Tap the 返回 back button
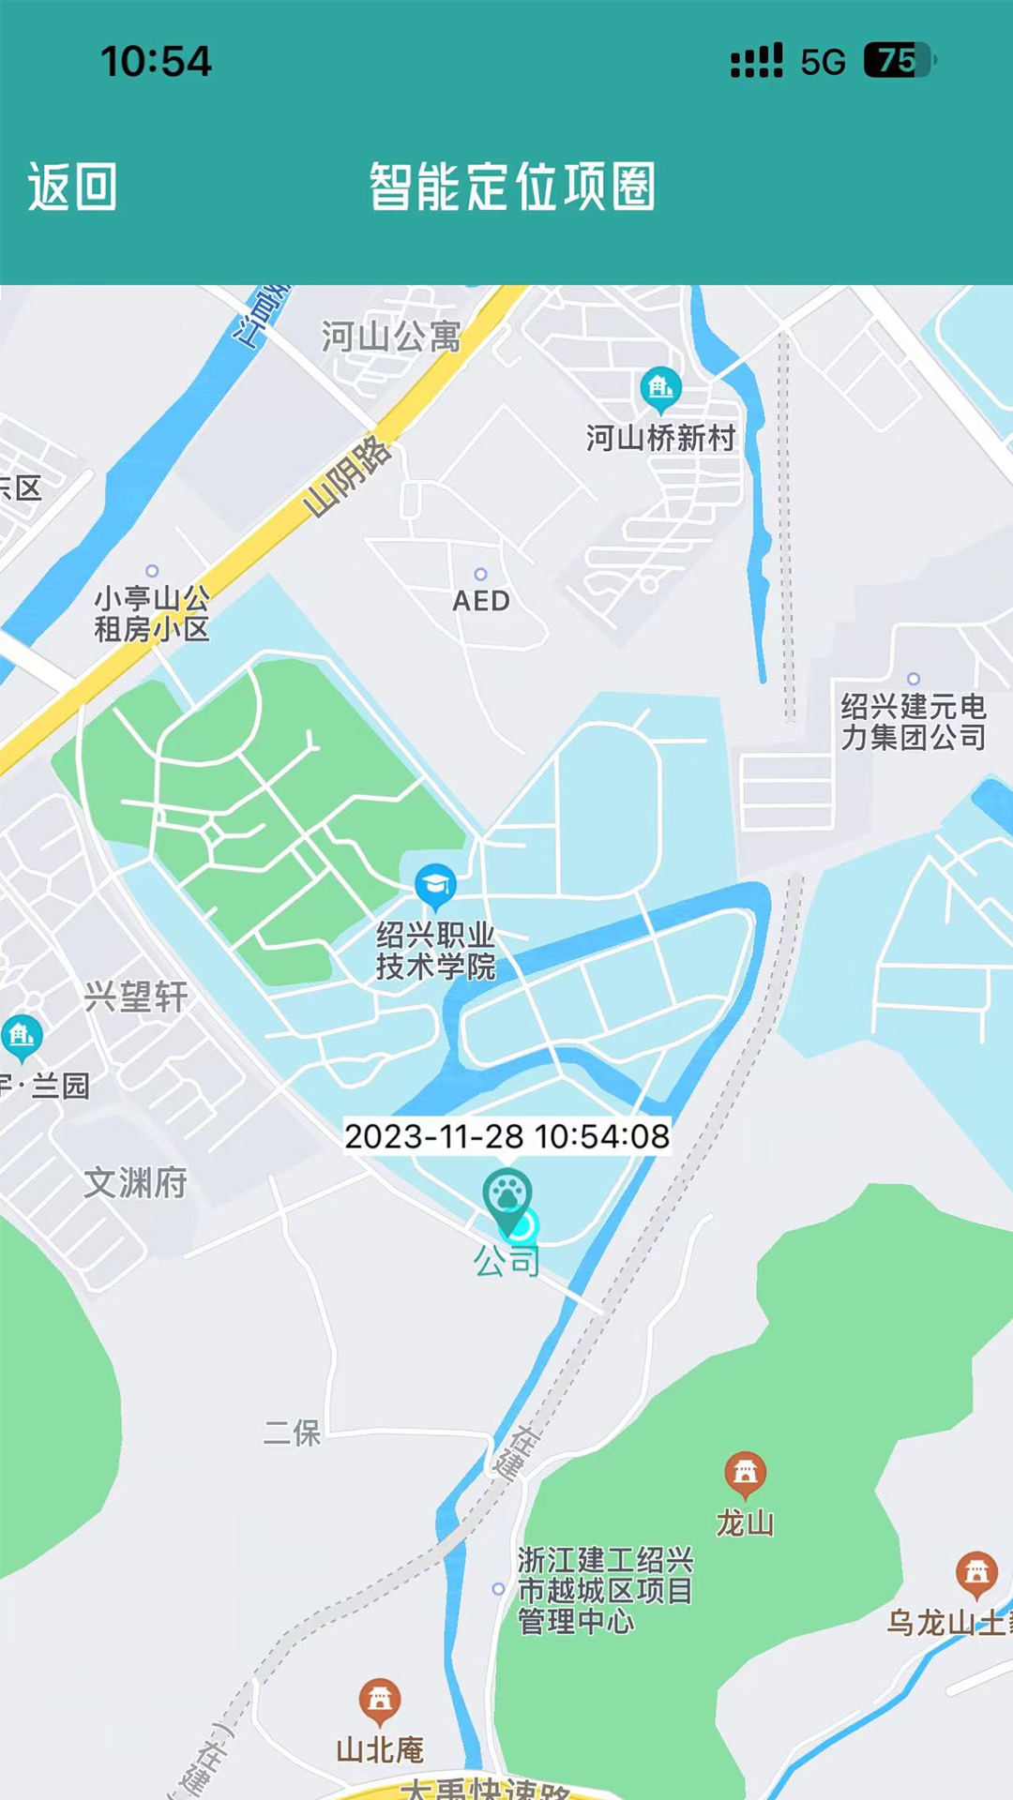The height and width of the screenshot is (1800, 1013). coord(72,187)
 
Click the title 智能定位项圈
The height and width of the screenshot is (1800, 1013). coord(512,187)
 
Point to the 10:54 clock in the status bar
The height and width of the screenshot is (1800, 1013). coord(156,62)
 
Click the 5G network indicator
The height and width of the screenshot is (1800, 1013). coord(823,62)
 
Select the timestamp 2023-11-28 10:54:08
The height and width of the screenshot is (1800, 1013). coord(506,1136)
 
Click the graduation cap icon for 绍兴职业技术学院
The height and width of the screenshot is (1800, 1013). coord(435,884)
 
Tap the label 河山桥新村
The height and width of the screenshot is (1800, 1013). coord(661,438)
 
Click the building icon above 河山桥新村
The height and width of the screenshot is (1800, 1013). coord(661,387)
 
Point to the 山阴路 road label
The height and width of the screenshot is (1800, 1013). coord(346,476)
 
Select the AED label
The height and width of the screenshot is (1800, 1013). coord(481,601)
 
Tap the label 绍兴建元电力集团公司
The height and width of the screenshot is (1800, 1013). coord(913,722)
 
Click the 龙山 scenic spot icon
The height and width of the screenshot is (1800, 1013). coord(746,1473)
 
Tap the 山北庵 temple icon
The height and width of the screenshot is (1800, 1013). coord(380,1698)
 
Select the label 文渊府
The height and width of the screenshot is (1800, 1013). coord(136,1183)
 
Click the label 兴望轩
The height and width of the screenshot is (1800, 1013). coord(136,997)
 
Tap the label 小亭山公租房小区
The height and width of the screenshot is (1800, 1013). coord(152,613)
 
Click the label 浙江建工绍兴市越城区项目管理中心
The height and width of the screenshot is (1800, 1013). coord(605,1591)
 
